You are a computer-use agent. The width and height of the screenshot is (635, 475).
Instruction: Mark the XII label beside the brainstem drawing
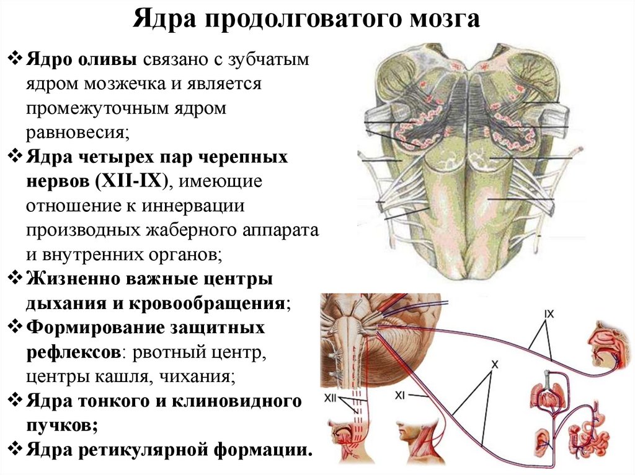[x=331, y=400]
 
